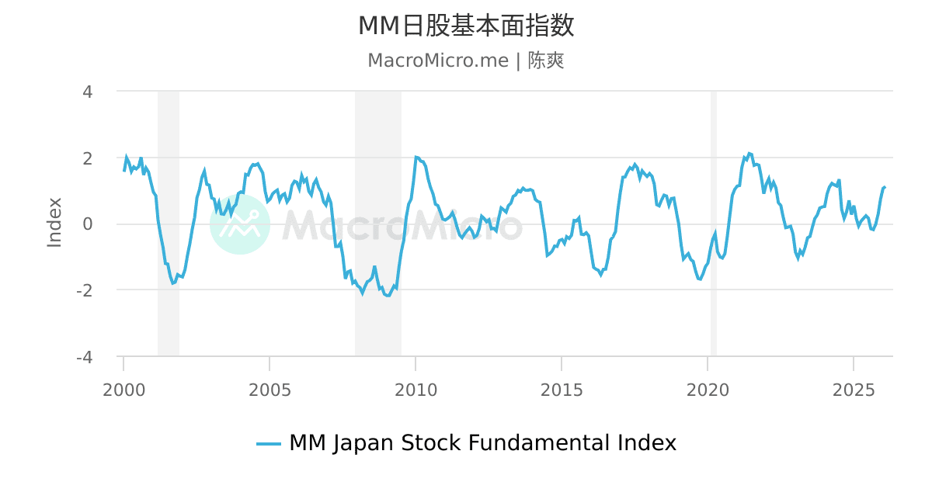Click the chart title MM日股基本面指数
[466, 26]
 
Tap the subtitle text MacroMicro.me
[437, 61]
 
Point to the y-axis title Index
[54, 223]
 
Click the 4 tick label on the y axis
[88, 92]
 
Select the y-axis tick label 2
[88, 158]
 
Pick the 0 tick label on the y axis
[88, 224]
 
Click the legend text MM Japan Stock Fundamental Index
[482, 443]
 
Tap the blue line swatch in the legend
[269, 444]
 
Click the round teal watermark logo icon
[240, 224]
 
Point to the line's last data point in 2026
[884, 187]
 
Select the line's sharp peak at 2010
[416, 158]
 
